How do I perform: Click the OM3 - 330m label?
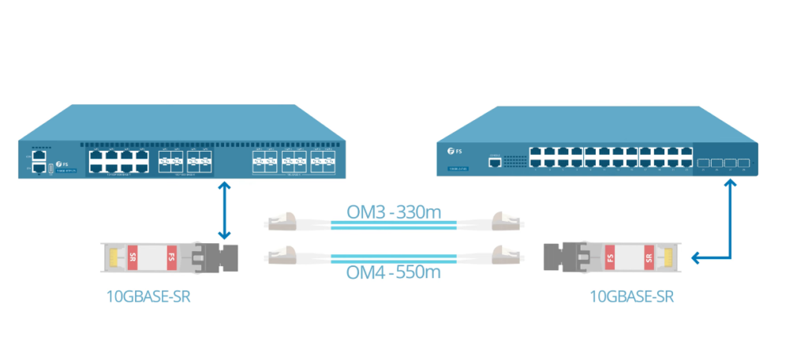(x=393, y=212)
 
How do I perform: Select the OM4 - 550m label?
(x=393, y=272)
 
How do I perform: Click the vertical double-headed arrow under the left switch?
(x=226, y=210)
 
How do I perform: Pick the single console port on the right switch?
(x=495, y=162)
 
